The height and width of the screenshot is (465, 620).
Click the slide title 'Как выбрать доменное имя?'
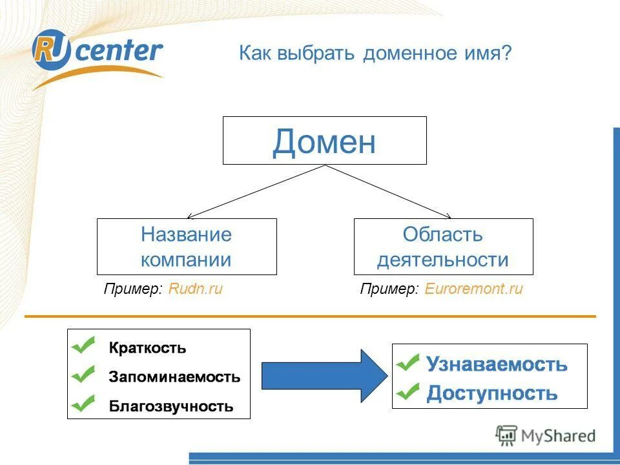point(375,53)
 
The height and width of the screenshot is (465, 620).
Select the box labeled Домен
point(324,141)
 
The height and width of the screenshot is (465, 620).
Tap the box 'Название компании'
point(187,247)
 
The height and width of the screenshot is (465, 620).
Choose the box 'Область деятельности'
point(443,247)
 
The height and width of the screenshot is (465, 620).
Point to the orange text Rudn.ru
point(195,289)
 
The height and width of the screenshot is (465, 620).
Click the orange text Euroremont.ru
point(473,289)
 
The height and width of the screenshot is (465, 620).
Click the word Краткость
point(148,348)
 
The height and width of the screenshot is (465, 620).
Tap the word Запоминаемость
point(174,377)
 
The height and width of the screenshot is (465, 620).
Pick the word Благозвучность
point(171,407)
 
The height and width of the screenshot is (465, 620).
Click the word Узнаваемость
point(497,364)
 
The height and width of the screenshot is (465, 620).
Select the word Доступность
point(492,393)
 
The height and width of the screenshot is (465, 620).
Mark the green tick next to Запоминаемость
point(84,374)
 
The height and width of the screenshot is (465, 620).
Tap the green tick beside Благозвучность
point(84,404)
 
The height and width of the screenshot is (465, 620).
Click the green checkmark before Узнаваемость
point(408,362)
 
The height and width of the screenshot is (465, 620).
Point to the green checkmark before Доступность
point(408,391)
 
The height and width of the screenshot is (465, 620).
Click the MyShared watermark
point(546,436)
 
